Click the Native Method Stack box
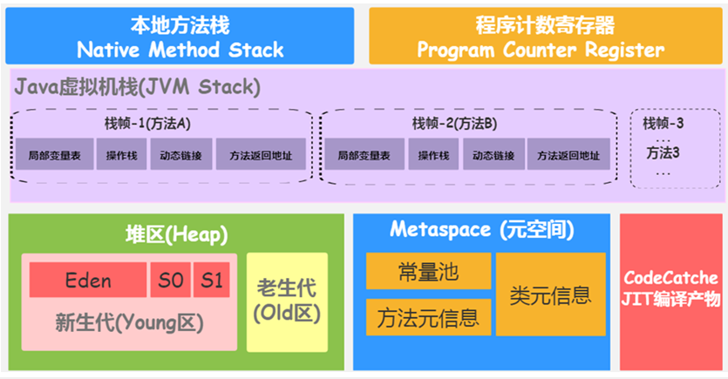180,36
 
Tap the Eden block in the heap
88,280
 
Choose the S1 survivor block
211,280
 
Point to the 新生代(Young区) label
128,323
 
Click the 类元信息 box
550,294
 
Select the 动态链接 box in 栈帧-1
180,155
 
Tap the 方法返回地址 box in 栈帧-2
568,155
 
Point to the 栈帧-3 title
663,123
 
